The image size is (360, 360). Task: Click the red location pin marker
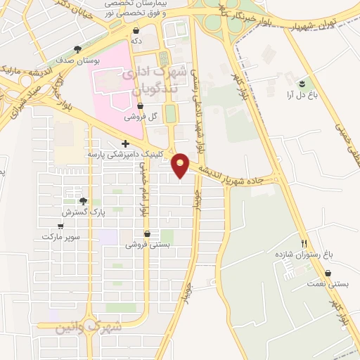coord(181,165)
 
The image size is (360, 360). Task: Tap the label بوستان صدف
coord(77,60)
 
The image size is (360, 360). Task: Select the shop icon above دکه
coord(136,31)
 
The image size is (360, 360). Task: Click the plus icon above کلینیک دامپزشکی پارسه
coord(125,143)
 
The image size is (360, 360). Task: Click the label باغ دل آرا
coord(298,94)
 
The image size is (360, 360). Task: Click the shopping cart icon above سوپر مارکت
coord(60,226)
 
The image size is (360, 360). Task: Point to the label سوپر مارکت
coord(60,237)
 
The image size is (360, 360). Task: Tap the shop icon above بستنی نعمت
coord(328,273)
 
